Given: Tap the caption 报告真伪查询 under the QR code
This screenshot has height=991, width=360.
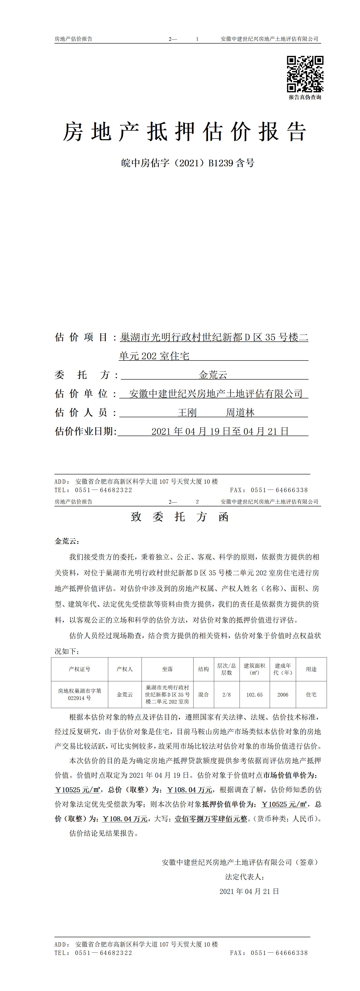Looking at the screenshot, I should pyautogui.click(x=305, y=97).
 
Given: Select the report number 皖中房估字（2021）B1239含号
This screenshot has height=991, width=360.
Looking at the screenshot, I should pyautogui.click(x=188, y=164).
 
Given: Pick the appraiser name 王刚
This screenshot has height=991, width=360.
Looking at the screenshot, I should pyautogui.click(x=187, y=412).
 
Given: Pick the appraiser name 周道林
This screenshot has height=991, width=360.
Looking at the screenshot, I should pyautogui.click(x=240, y=412).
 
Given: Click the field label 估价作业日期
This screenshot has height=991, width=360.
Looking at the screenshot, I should pyautogui.click(x=85, y=431).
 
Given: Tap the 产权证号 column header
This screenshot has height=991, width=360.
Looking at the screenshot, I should pyautogui.click(x=80, y=669).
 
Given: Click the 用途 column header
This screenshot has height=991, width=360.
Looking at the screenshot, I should pyautogui.click(x=311, y=669).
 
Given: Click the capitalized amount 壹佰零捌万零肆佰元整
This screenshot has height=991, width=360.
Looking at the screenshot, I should pyautogui.click(x=211, y=819).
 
